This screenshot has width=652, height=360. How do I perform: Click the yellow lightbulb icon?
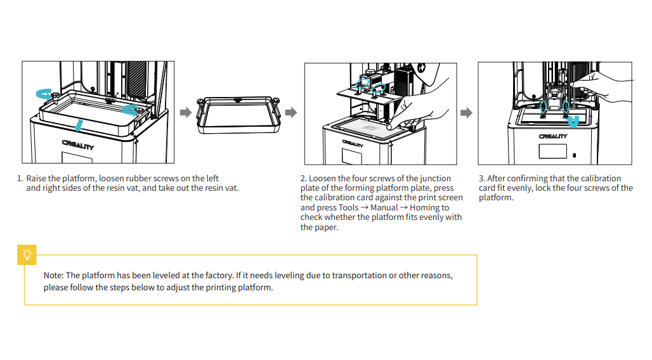27,255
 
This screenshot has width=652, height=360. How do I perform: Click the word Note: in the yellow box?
53,276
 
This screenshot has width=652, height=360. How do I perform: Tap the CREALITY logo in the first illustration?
77,145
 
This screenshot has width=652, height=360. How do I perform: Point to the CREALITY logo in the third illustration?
553,136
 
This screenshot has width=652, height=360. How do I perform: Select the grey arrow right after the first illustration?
186,112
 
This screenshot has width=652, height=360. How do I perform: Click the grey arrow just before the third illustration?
466,113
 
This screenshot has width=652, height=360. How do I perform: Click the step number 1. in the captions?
20,179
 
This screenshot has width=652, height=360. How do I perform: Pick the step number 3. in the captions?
482,179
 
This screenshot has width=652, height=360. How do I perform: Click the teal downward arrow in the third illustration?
573,120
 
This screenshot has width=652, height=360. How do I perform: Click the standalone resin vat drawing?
238,114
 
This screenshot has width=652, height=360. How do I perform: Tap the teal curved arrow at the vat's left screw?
43,94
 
